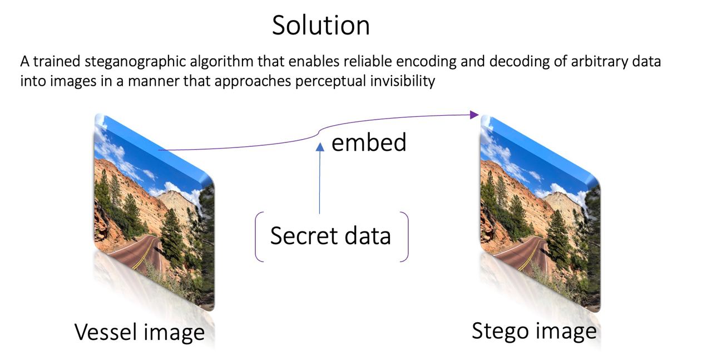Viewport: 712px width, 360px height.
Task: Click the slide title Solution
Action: click(320, 26)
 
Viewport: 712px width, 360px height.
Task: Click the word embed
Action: click(369, 142)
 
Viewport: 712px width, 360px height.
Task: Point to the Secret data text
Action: click(330, 236)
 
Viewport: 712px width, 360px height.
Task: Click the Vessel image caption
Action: click(140, 332)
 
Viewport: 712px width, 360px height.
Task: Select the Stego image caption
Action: click(534, 331)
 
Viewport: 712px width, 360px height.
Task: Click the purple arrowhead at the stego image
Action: click(474, 115)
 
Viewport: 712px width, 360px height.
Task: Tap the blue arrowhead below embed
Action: click(319, 146)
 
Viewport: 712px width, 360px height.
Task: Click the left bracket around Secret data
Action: click(258, 236)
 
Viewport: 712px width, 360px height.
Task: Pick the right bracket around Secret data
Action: click(406, 236)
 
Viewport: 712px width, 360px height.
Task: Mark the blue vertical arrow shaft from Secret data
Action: click(319, 184)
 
